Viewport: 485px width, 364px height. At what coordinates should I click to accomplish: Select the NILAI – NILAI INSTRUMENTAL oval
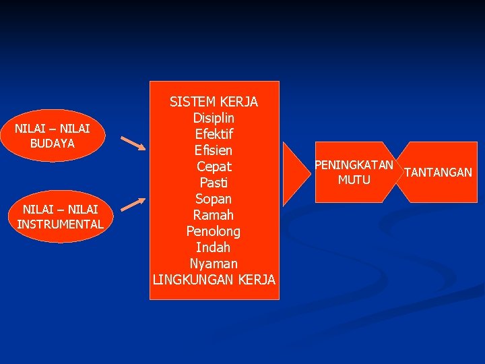coord(61,216)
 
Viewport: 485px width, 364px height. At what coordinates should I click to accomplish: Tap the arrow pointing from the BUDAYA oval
coord(132,144)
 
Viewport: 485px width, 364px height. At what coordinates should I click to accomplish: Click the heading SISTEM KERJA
coord(214,102)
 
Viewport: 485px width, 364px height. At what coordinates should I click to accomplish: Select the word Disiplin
coord(214,118)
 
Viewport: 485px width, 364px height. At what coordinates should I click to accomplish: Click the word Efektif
coord(214,134)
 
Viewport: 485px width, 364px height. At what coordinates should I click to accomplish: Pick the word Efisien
coord(214,150)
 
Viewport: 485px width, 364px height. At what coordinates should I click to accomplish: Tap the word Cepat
coord(214,166)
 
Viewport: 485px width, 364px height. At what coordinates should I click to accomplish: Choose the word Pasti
coord(214,183)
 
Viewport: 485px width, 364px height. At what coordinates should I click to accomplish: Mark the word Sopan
coord(214,199)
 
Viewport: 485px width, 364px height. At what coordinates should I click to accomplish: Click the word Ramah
coord(214,215)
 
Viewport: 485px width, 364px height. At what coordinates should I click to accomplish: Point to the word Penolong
coord(214,231)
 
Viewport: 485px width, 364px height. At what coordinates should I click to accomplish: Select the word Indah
coord(214,247)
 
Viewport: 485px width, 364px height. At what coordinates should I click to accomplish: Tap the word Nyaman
coord(214,264)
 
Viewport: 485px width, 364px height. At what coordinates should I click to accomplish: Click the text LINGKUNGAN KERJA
coord(214,280)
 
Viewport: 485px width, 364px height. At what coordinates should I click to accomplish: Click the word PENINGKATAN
coord(354,165)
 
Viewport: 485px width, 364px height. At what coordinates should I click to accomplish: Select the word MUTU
coord(354,179)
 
